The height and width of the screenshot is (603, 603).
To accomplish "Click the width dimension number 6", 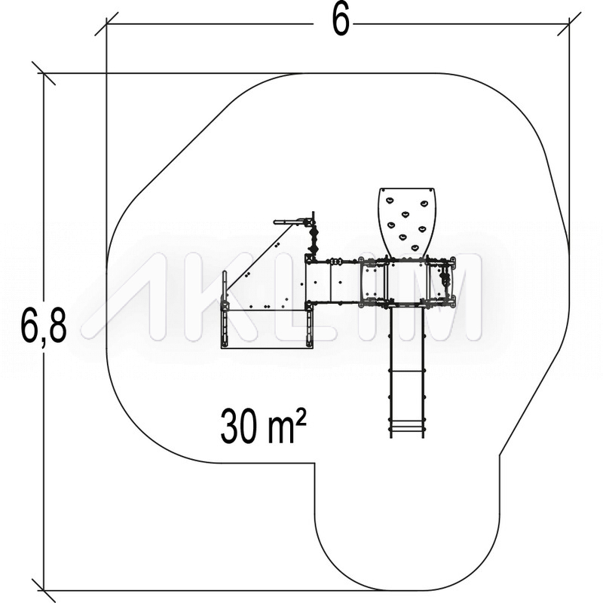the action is pyautogui.click(x=341, y=22).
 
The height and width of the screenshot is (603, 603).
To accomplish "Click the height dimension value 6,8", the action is pyautogui.click(x=44, y=326).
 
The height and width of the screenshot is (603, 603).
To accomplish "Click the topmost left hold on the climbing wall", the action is pyautogui.click(x=390, y=200).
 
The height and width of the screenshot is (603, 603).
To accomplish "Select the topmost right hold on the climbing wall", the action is pyautogui.click(x=424, y=203).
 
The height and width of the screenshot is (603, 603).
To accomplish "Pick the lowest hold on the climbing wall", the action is pyautogui.click(x=415, y=248).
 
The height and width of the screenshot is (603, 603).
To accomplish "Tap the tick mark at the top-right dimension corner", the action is pyautogui.click(x=569, y=24).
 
